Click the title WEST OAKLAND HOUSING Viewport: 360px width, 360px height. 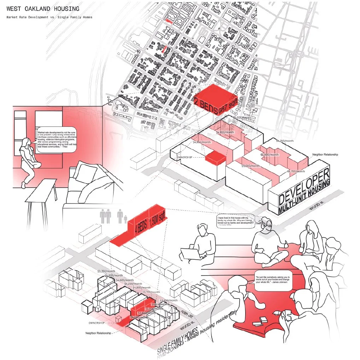tap(42, 9)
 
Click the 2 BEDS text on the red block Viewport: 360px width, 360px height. tap(206, 106)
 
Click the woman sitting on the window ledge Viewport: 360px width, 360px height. tap(28, 161)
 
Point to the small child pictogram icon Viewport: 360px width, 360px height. tap(125, 219)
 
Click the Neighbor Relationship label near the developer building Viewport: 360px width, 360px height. tap(325, 155)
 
